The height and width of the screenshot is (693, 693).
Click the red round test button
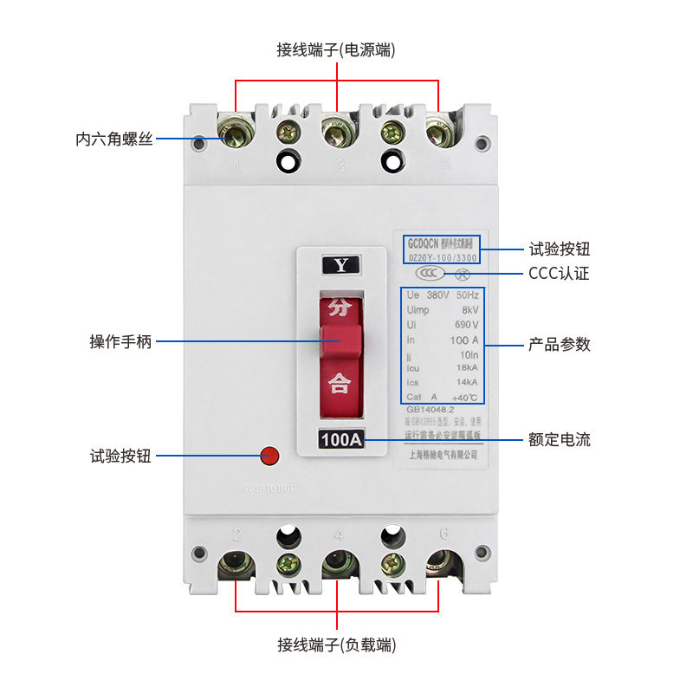coord(269,455)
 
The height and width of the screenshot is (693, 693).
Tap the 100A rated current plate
coord(341,439)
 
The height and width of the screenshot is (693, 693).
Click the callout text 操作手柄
coord(120,341)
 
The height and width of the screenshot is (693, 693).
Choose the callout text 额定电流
coord(560,439)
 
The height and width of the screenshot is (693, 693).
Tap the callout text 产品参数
coord(560,344)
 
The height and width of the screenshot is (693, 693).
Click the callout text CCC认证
coord(559,274)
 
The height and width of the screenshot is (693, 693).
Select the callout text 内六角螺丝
coord(113,139)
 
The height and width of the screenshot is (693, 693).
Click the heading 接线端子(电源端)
coord(336,50)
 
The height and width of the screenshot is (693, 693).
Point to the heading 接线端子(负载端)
coord(336,645)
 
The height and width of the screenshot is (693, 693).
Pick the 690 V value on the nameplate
coord(466,325)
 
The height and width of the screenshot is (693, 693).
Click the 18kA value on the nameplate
coord(467,367)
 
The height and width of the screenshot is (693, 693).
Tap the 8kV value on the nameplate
coord(470,309)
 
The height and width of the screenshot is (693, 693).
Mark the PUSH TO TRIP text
coord(269,489)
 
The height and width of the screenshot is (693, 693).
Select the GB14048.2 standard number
coord(431,411)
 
